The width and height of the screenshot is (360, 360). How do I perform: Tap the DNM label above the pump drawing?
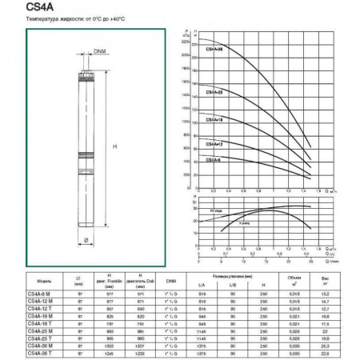[x=99, y=53]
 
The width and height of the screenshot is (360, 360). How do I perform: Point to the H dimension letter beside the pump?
[x=116, y=146]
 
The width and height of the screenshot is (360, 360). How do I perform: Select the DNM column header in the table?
[x=171, y=281]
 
